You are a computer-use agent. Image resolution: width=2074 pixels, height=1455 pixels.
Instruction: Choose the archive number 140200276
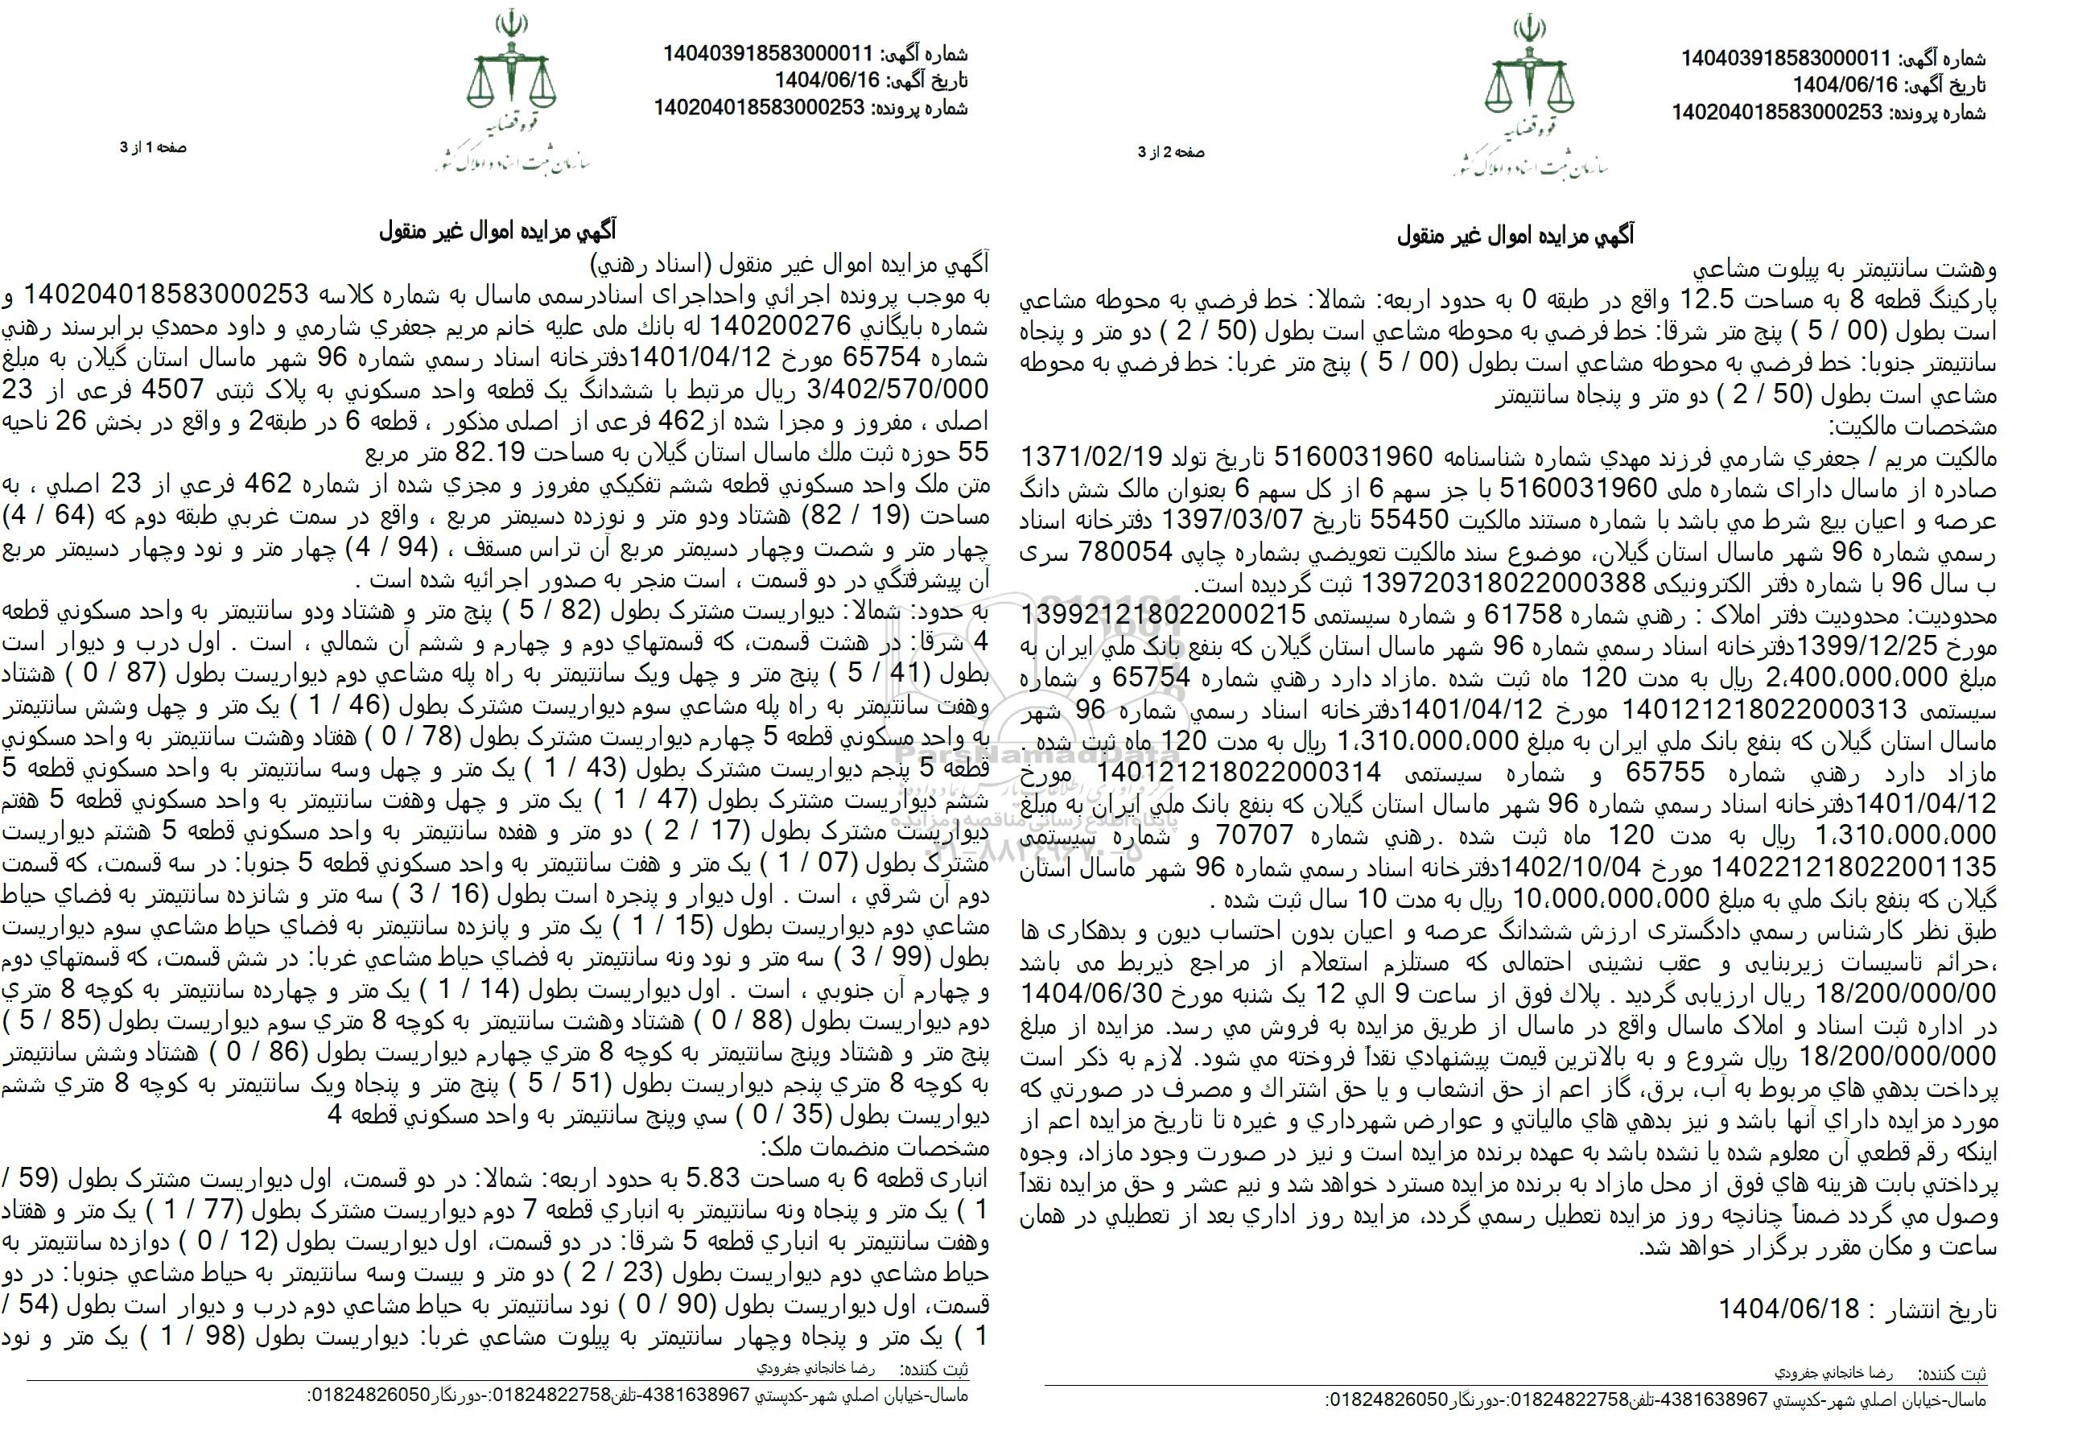coord(777,324)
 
